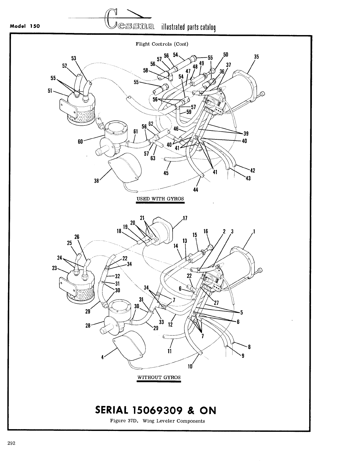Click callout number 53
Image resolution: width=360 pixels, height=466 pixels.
pyautogui.click(x=74, y=58)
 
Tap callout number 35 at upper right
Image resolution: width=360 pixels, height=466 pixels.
pyautogui.click(x=257, y=57)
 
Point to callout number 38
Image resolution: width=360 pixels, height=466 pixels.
pyautogui.click(x=96, y=180)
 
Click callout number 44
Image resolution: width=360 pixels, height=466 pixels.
pyautogui.click(x=195, y=190)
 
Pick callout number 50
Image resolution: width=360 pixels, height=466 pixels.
pyautogui.click(x=226, y=54)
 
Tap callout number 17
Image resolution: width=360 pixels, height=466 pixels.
pyautogui.click(x=185, y=218)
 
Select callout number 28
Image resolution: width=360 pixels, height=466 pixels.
pyautogui.click(x=88, y=326)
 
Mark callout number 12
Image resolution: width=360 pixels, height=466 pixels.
pyautogui.click(x=170, y=325)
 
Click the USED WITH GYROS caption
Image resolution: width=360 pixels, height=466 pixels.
pyautogui.click(x=160, y=199)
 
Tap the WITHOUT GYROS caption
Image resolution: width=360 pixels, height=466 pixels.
pyautogui.click(x=159, y=377)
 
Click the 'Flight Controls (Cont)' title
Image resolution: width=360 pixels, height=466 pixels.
pyautogui.click(x=162, y=44)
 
